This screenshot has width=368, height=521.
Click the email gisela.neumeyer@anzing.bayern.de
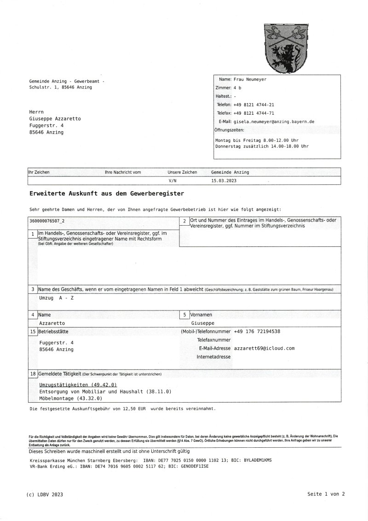point(274,122)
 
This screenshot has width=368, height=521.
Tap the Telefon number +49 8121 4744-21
point(253,105)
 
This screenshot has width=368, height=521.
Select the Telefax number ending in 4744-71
point(253,113)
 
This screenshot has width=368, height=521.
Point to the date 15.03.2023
point(224,181)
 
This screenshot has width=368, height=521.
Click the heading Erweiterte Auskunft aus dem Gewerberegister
point(107,193)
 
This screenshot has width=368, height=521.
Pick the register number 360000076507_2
point(47,221)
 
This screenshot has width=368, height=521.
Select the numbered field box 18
point(33,374)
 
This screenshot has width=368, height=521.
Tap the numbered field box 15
point(33,331)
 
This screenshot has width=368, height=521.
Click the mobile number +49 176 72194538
point(257,331)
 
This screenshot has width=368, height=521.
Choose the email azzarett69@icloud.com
point(264,348)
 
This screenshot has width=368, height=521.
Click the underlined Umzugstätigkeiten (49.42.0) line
point(78,385)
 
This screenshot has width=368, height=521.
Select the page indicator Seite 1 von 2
point(326,494)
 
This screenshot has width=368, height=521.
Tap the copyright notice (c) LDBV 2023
point(45,494)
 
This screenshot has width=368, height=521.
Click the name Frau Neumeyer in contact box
point(250,79)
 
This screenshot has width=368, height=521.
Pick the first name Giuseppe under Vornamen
point(202,323)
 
